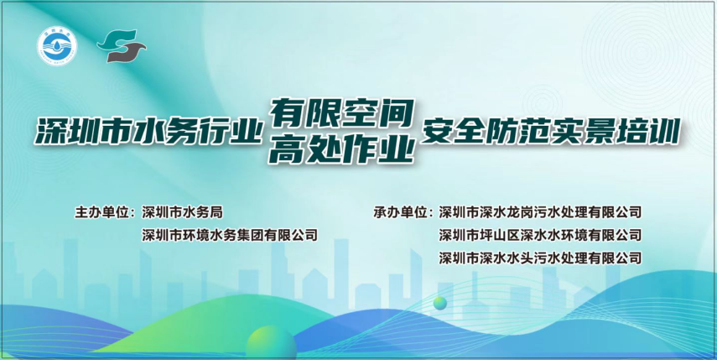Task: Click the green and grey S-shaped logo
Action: (121, 46)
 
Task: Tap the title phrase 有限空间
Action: (342, 114)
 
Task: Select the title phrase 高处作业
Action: (342, 149)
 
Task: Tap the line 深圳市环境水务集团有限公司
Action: (229, 236)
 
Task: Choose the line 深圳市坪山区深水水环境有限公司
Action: (540, 236)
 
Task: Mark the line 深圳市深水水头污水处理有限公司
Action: (540, 258)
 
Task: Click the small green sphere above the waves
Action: (440, 303)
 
